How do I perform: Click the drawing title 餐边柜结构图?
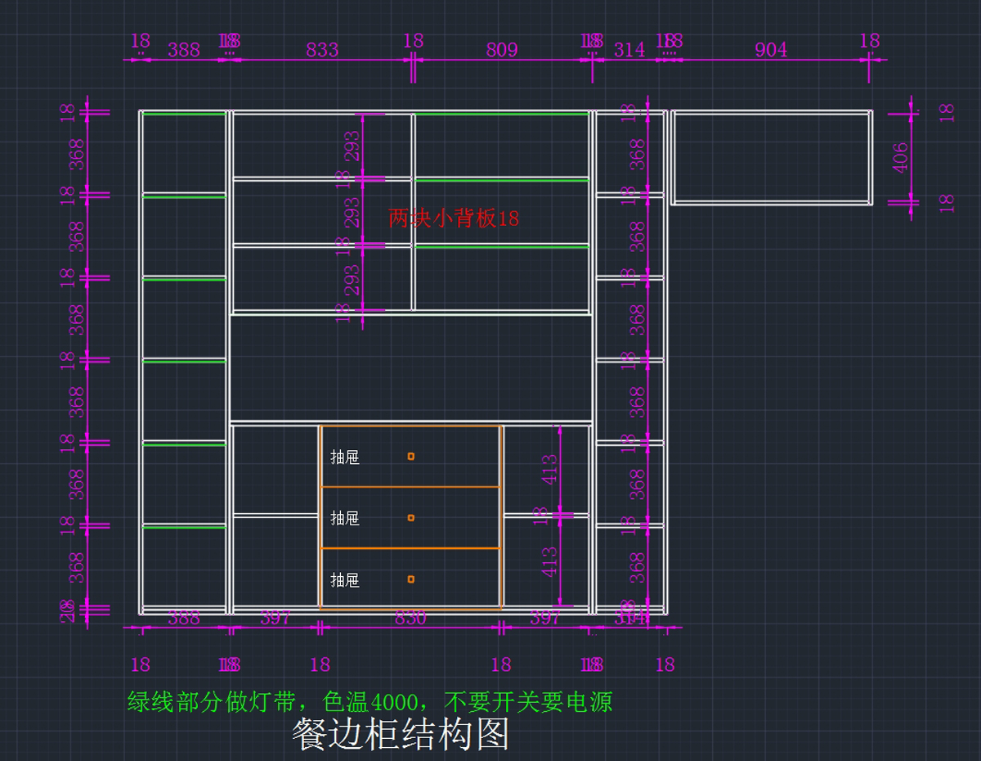pyautogui.click(x=401, y=734)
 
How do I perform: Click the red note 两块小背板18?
pyautogui.click(x=454, y=218)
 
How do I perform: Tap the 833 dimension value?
pyautogui.click(x=322, y=50)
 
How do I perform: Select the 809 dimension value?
pyautogui.click(x=502, y=50)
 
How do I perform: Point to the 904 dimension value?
pyautogui.click(x=771, y=50)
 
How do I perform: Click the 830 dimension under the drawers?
pyautogui.click(x=410, y=619)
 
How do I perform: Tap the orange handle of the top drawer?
pyautogui.click(x=411, y=457)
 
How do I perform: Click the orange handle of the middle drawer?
pyautogui.click(x=411, y=518)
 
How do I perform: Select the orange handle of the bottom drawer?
pyautogui.click(x=411, y=579)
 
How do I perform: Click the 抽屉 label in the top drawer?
pyautogui.click(x=345, y=457)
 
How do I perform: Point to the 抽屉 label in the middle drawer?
pyautogui.click(x=345, y=519)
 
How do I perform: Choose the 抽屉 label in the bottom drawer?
pyautogui.click(x=345, y=580)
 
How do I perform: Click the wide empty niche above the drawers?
pyautogui.click(x=410, y=368)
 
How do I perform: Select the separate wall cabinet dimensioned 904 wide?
pyautogui.click(x=772, y=157)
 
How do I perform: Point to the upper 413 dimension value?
pyautogui.click(x=549, y=470)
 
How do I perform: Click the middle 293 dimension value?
pyautogui.click(x=352, y=212)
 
